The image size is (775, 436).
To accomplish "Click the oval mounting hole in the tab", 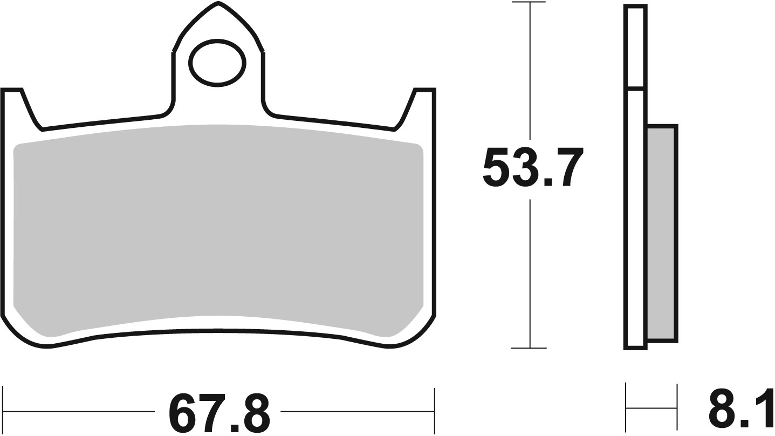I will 217,63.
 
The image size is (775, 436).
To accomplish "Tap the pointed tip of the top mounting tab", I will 218,4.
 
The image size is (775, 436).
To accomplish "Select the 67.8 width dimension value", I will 218,413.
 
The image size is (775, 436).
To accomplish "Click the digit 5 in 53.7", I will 495,167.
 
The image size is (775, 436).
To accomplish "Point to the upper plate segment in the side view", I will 635,46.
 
